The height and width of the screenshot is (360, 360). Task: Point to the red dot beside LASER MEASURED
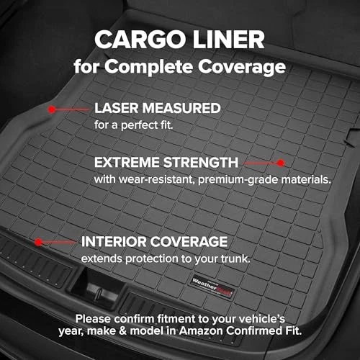pyautogui.click(x=52, y=110)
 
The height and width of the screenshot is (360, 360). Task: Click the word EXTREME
pyautogui.click(x=125, y=163)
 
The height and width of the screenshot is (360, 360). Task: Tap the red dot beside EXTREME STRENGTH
pyautogui.click(x=281, y=163)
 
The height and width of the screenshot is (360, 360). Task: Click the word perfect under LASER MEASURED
pyautogui.click(x=138, y=125)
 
